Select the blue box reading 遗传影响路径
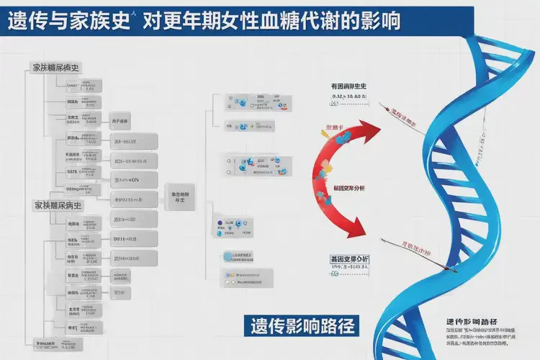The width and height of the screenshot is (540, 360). click(x=298, y=325)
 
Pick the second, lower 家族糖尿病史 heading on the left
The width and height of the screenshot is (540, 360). click(x=58, y=205)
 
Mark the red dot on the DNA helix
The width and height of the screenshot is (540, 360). click(x=451, y=271)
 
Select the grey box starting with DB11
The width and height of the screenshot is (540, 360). click(x=134, y=238)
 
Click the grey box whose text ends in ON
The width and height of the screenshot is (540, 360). click(x=135, y=179)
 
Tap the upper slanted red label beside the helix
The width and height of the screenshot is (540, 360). click(x=405, y=117)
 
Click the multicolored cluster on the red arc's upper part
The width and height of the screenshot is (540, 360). click(x=325, y=167)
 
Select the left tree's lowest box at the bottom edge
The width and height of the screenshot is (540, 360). click(x=54, y=344)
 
